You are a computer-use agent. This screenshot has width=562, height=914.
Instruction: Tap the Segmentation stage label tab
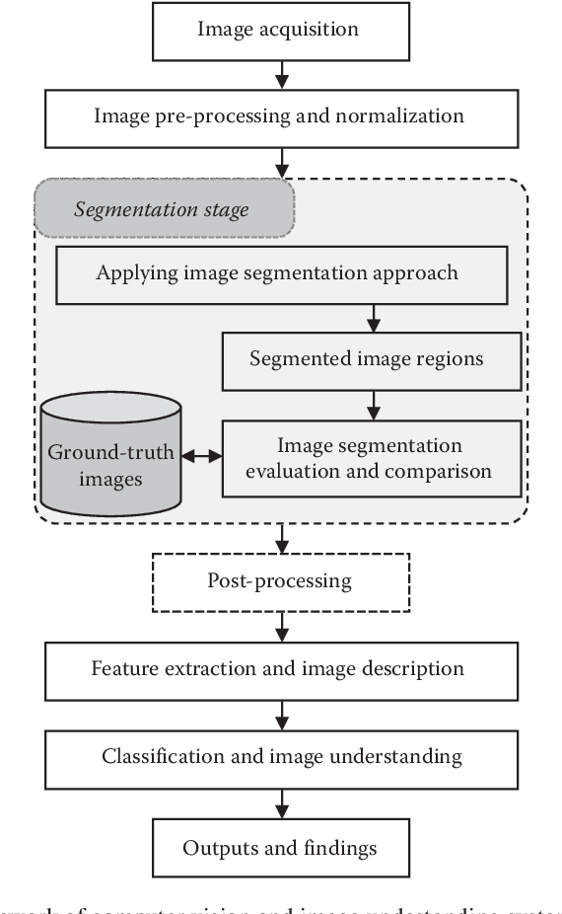point(163,209)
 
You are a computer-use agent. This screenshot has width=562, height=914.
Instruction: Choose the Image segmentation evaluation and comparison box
point(371,458)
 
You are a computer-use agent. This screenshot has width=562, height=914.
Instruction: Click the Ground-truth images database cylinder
point(111,454)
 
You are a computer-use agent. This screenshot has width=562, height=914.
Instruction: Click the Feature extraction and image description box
point(278,668)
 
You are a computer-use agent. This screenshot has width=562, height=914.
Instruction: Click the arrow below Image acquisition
point(282,71)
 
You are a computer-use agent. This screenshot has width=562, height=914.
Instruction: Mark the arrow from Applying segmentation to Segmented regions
point(373,317)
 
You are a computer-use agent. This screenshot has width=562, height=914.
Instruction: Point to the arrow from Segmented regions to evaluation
point(373,404)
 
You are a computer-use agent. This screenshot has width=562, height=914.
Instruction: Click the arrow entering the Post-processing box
point(283,539)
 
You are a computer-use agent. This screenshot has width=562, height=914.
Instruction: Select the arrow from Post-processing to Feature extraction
point(283,624)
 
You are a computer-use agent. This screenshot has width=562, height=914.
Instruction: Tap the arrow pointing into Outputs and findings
point(283,801)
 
